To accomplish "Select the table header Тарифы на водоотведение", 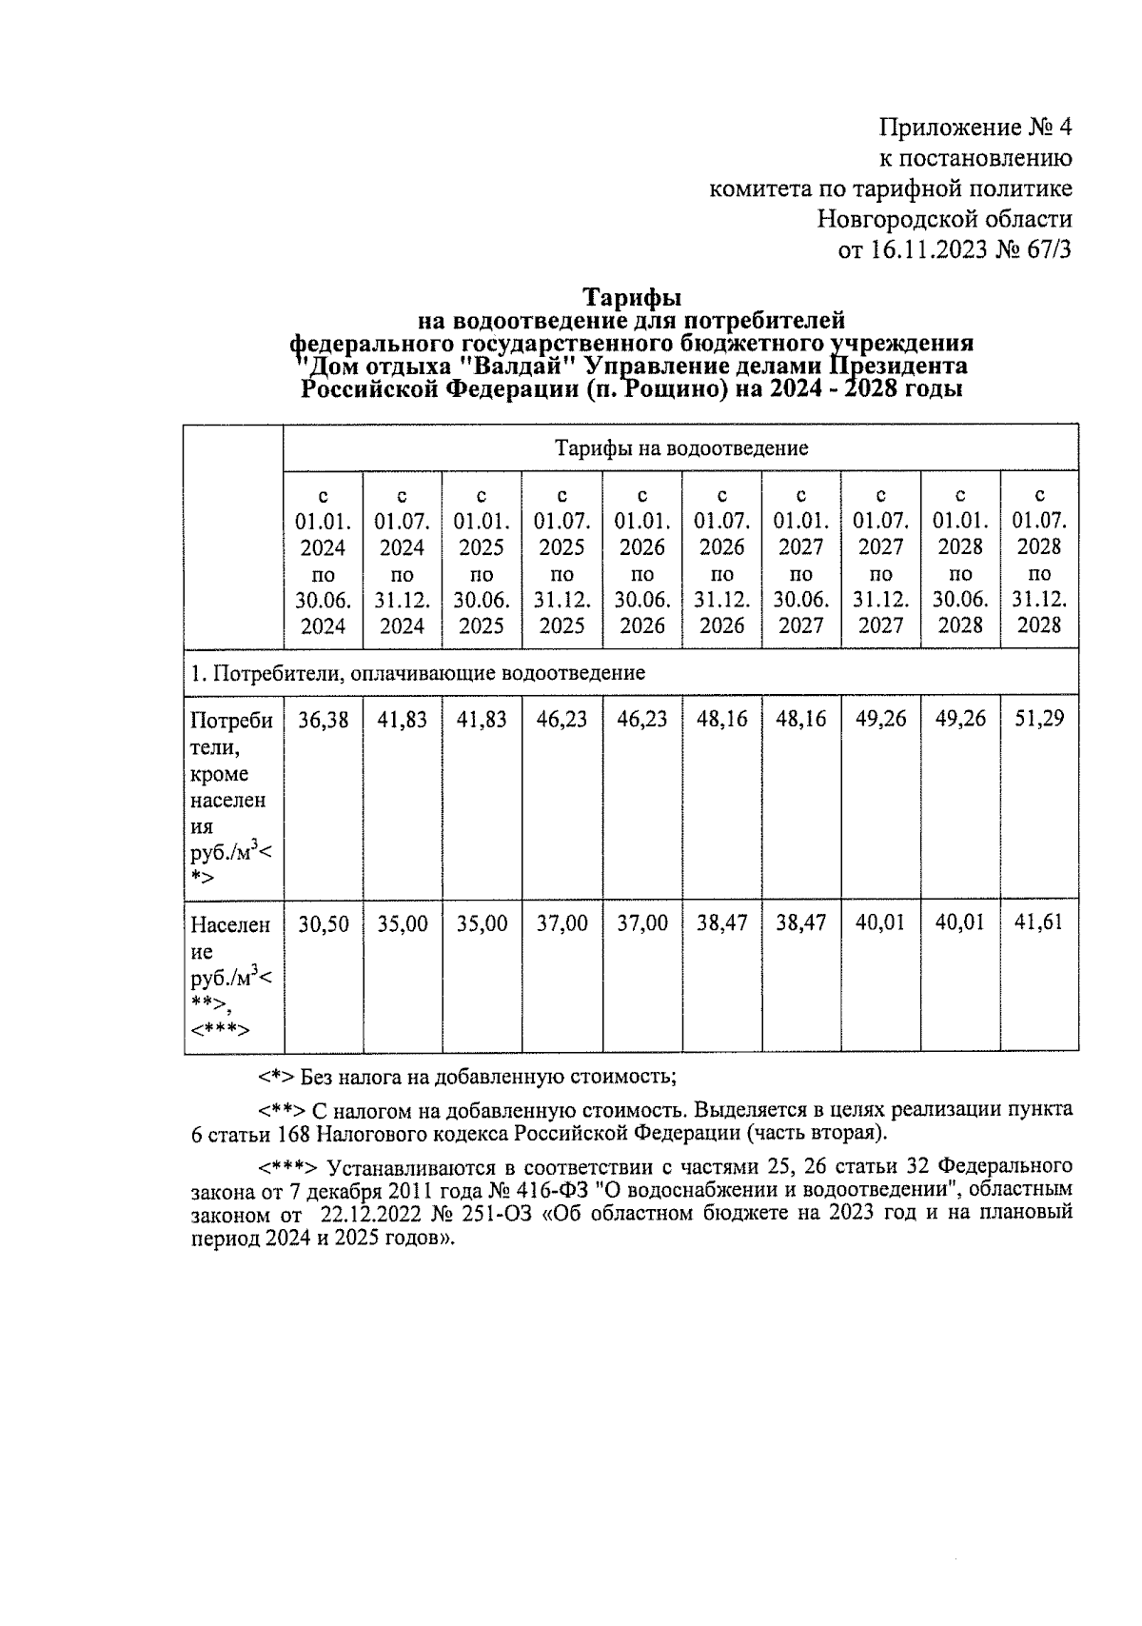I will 680,447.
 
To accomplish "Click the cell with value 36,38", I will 323,720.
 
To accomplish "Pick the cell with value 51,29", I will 1039,720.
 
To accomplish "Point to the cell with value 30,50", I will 323,923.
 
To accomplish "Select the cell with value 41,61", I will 1039,922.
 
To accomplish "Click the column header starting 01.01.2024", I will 323,561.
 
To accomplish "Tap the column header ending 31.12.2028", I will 1039,561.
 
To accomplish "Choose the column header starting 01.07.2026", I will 721,561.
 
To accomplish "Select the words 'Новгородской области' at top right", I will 944,219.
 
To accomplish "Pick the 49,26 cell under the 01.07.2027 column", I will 880,720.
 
